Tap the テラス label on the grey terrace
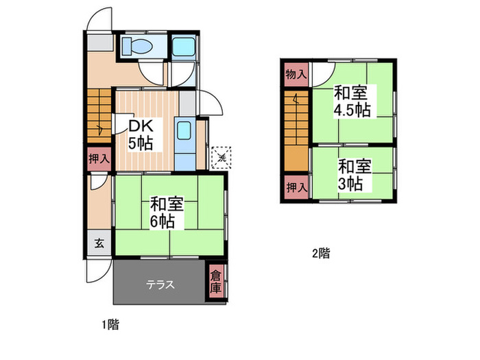pos(158,284)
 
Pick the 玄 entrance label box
pos(99,242)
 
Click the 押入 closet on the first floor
pos(99,158)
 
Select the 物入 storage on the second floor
pos(296,74)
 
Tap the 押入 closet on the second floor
pos(296,187)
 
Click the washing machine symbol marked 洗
pos(221,157)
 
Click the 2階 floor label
pos(320,253)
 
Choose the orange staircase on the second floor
pos(296,130)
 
